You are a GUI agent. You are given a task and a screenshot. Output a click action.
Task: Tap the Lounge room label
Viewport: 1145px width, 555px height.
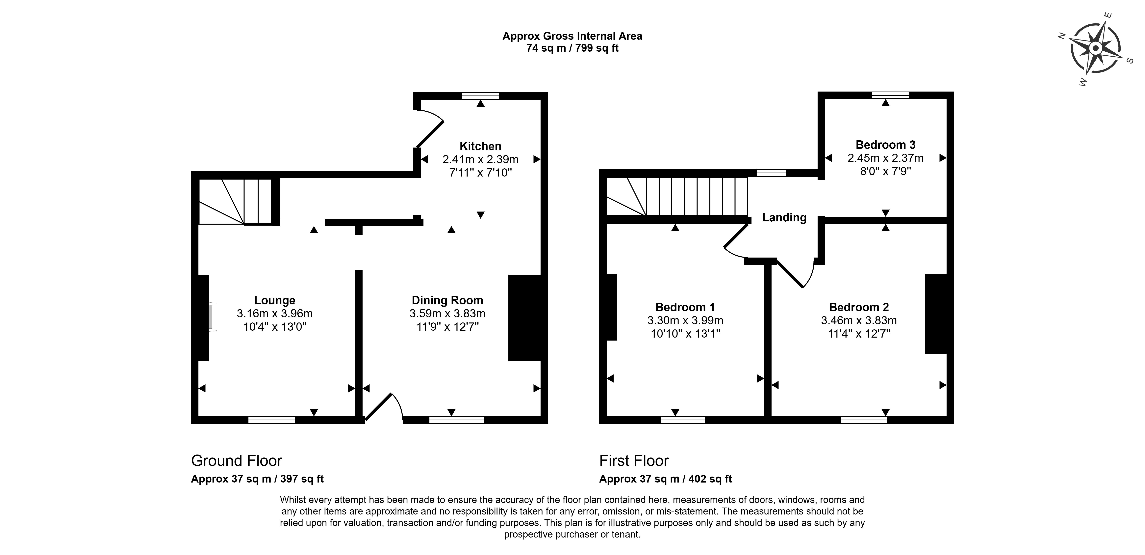pyautogui.click(x=275, y=301)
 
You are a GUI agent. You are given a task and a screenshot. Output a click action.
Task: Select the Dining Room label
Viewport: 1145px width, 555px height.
pyautogui.click(x=447, y=301)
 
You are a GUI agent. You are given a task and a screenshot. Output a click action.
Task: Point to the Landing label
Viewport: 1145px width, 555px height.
pyautogui.click(x=784, y=218)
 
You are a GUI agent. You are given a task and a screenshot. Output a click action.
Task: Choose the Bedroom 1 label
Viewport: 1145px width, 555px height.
pyautogui.click(x=685, y=307)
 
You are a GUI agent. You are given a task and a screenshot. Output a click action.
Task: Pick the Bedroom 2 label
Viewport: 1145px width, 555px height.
pyautogui.click(x=859, y=307)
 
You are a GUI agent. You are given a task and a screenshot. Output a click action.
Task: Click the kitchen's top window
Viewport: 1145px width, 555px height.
pyautogui.click(x=480, y=96)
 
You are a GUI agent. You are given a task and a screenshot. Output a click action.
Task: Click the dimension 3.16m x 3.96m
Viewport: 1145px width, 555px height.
pyautogui.click(x=275, y=314)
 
